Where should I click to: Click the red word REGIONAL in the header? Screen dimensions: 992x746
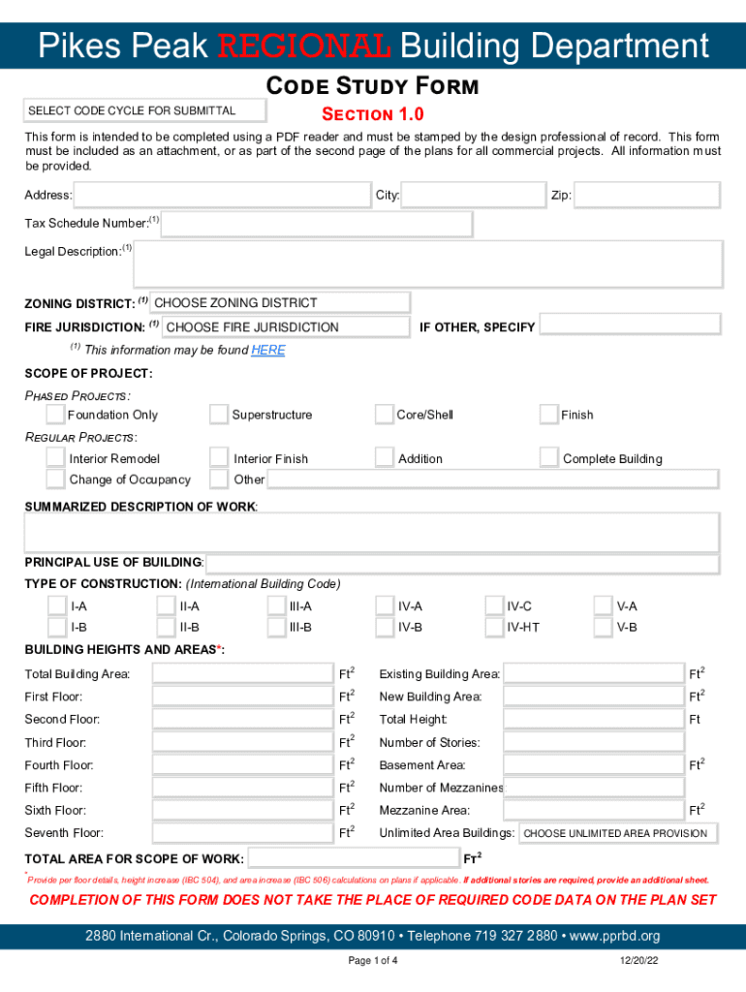(x=304, y=46)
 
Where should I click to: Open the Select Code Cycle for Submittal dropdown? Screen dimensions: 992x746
(x=144, y=110)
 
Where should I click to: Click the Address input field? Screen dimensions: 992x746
(x=222, y=196)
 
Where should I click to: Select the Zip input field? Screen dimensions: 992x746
(x=646, y=196)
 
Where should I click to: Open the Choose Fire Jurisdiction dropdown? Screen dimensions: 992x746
(x=285, y=327)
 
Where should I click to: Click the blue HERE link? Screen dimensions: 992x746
(x=268, y=351)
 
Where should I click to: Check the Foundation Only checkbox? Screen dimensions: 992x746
(x=55, y=415)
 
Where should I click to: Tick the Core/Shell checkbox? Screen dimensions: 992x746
(x=385, y=415)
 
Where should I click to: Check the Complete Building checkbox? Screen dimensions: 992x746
(x=549, y=457)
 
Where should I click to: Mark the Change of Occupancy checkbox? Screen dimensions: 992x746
(x=55, y=480)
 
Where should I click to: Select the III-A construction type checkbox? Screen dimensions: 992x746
(x=276, y=605)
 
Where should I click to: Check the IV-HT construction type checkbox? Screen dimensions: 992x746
(x=494, y=627)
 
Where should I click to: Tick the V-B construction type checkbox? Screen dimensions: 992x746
(x=604, y=627)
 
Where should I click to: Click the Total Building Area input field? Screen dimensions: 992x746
(x=242, y=673)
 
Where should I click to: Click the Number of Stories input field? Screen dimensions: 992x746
(x=594, y=742)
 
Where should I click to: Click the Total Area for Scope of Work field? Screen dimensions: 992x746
(x=354, y=858)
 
